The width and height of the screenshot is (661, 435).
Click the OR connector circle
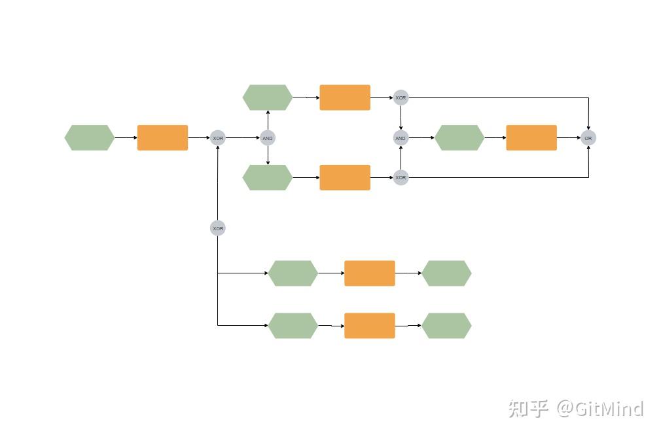coord(588,138)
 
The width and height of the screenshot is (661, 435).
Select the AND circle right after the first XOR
coord(268,138)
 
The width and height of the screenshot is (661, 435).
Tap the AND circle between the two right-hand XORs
coord(401,138)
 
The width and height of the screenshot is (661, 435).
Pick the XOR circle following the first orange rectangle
coord(218,138)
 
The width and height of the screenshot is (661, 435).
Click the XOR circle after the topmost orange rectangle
coord(401,98)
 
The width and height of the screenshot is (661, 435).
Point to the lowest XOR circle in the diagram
coord(218,228)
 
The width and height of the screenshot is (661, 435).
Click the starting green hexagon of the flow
coord(90,138)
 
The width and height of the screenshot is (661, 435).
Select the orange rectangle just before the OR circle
coord(531,138)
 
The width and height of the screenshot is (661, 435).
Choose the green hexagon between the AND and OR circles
coord(459,138)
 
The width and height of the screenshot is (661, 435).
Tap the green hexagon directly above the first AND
coord(268,97)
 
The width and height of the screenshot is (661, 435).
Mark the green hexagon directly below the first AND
coord(268,177)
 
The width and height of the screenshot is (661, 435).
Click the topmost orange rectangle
coord(345,97)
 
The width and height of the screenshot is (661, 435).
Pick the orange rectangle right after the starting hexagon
coord(162,138)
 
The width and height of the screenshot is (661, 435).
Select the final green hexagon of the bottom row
coord(446,326)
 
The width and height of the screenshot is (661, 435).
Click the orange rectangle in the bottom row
coord(370,326)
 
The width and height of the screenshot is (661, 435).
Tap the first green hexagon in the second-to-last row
coord(293,273)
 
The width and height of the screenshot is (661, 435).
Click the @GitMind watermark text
coord(600,409)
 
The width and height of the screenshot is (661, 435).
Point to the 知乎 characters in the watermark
coord(528,409)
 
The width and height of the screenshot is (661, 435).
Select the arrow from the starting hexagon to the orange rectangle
coord(126,138)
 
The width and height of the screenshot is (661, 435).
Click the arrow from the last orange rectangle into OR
coord(568,138)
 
